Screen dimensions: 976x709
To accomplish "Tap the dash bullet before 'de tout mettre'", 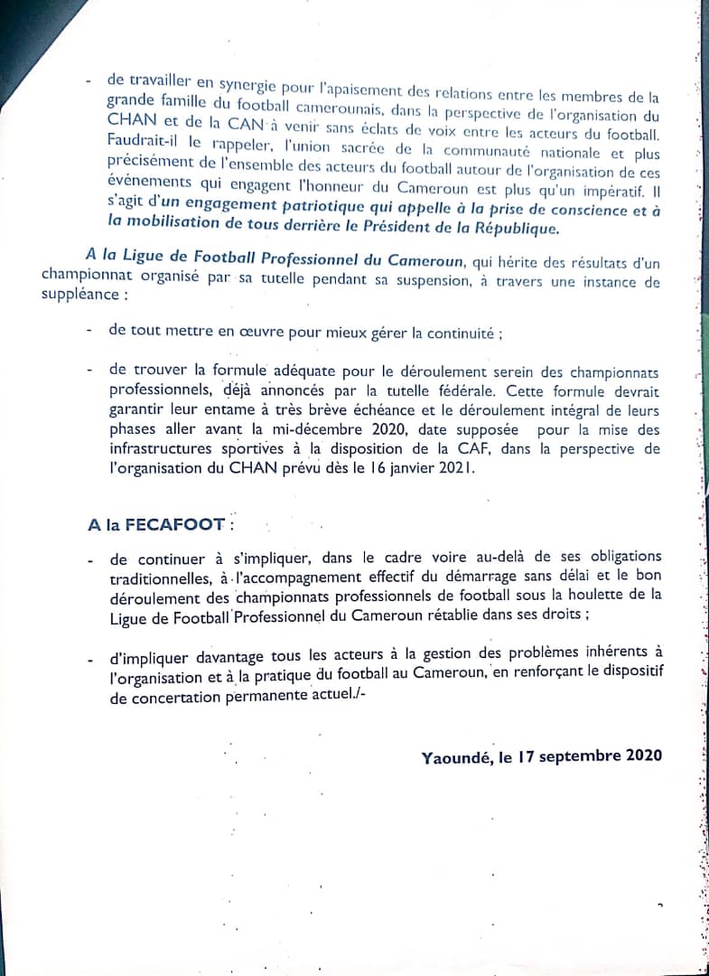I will click(89, 332).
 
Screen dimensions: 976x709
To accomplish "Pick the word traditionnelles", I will click(163, 577).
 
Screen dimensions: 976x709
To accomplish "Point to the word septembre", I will click(579, 756).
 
